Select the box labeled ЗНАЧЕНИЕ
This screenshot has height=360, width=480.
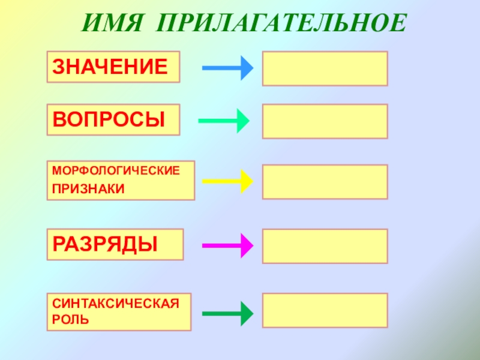point(113,67)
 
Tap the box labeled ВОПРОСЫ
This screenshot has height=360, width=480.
point(113,119)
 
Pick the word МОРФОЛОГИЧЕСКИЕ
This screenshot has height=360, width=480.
point(116,172)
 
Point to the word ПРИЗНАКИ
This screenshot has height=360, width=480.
point(88,189)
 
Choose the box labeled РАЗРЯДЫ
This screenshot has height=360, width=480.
point(115,244)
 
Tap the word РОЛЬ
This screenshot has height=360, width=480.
point(70,319)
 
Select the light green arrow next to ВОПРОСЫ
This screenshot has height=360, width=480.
point(224,121)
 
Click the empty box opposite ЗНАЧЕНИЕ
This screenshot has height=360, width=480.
point(325,68)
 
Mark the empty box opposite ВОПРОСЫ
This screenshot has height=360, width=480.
point(325,121)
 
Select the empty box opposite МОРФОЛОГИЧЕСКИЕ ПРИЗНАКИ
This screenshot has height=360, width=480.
point(325,181)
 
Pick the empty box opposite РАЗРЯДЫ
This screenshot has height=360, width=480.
point(325,245)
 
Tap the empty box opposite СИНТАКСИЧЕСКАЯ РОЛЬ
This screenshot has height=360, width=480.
point(325,310)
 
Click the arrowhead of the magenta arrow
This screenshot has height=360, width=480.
point(245,245)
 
